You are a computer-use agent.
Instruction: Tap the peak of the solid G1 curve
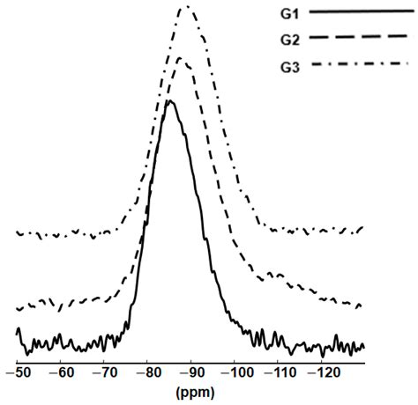pos(169,101)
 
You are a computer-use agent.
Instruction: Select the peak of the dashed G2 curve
pos(180,58)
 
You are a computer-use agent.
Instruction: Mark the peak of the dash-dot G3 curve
pos(185,6)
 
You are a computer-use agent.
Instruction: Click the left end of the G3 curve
pos(18,232)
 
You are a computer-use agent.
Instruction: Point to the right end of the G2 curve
pos(362,306)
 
